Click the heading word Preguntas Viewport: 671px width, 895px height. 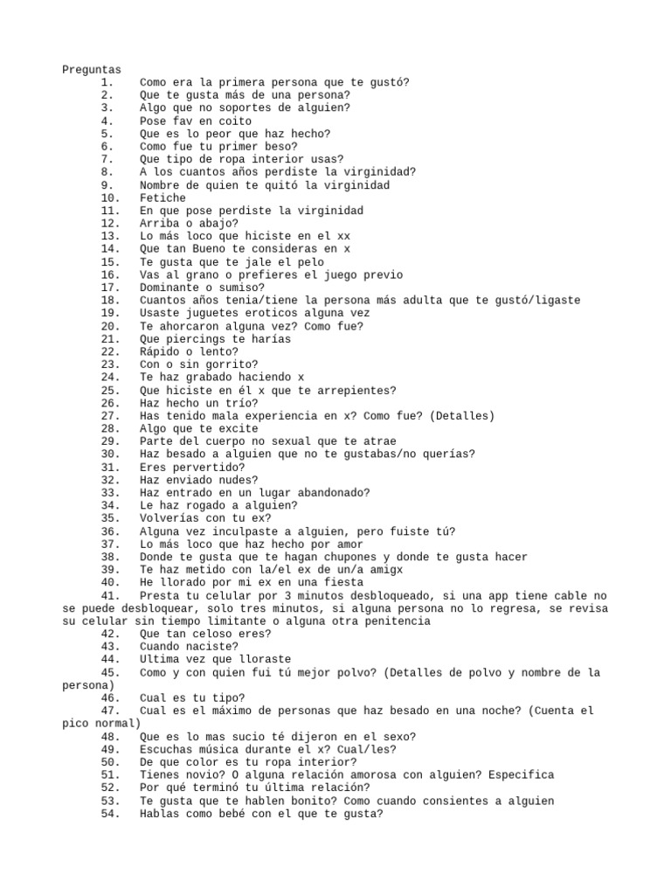tap(92, 70)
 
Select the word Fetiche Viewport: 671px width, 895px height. tap(163, 198)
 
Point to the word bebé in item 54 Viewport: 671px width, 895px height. tap(229, 814)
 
